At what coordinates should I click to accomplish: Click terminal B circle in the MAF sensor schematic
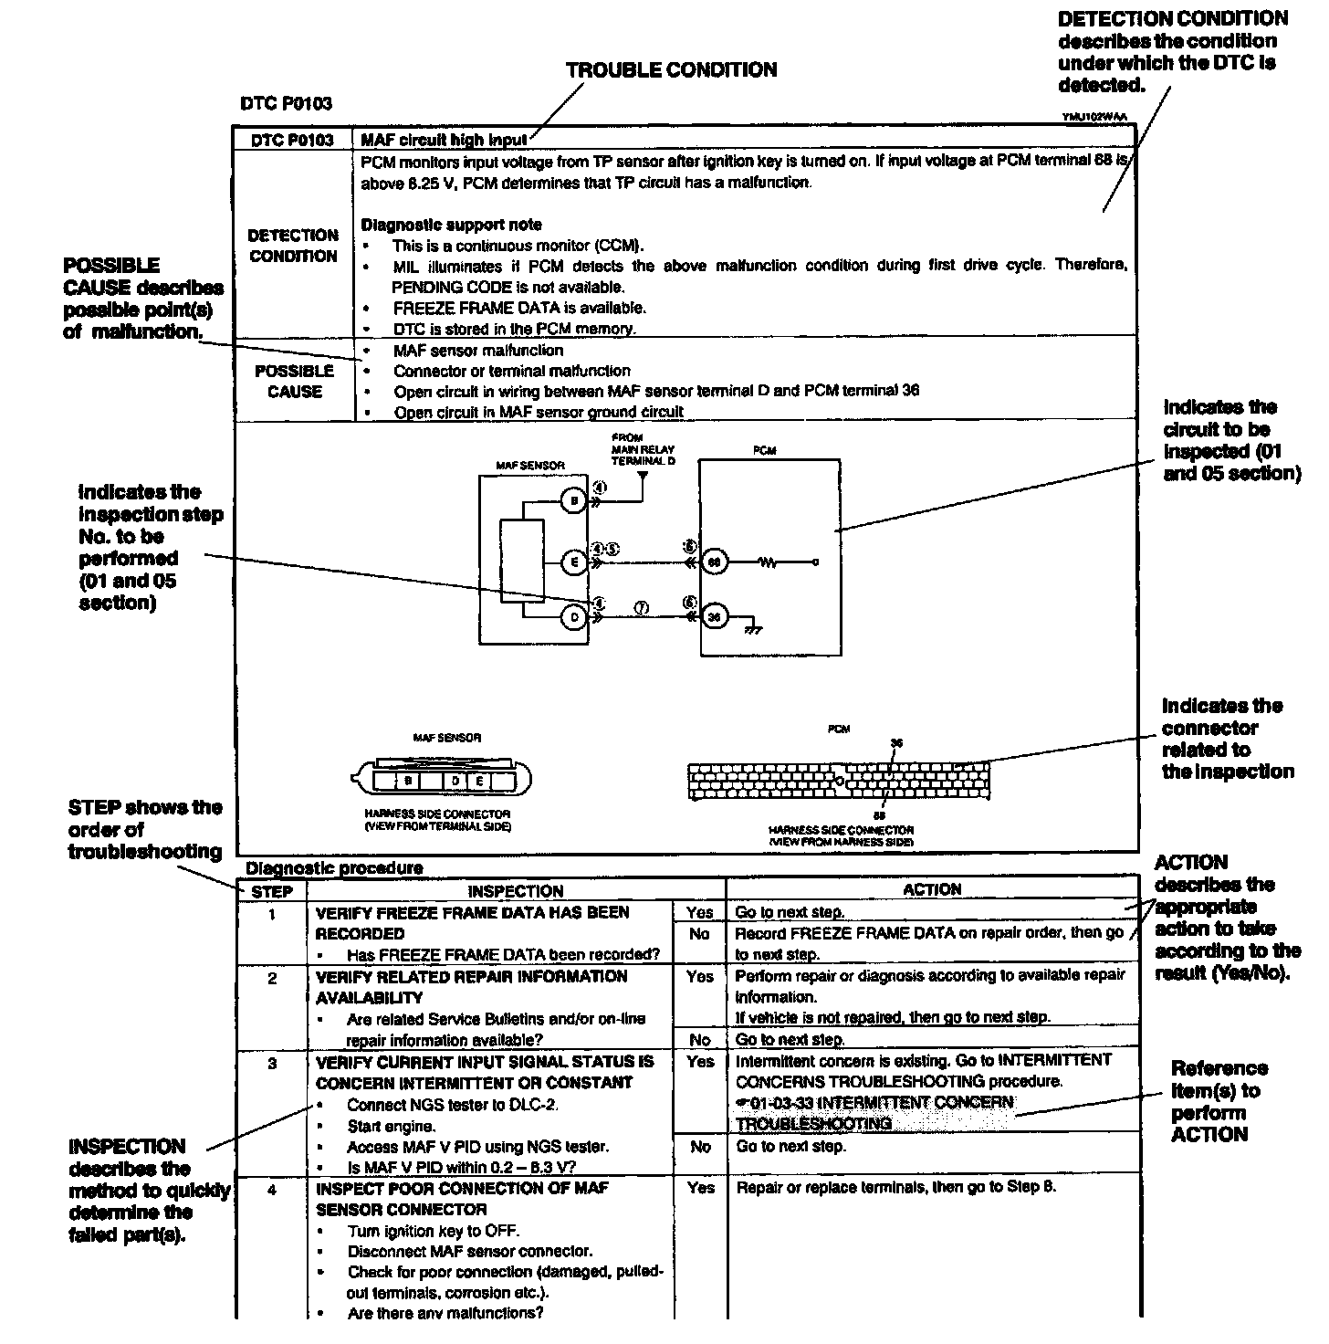(x=574, y=500)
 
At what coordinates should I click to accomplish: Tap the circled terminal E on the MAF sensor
(x=574, y=562)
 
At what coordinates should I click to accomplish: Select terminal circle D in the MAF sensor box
(x=574, y=618)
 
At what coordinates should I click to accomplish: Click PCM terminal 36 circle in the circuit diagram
(x=715, y=618)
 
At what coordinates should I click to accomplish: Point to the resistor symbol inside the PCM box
(x=768, y=562)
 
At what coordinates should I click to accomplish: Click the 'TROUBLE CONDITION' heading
(x=671, y=70)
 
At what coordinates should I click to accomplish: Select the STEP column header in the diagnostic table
(x=271, y=891)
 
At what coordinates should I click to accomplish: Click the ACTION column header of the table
(x=932, y=889)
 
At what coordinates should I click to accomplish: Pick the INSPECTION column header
(x=516, y=891)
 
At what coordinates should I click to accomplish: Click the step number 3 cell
(x=272, y=1063)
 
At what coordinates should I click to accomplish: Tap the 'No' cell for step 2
(x=700, y=1039)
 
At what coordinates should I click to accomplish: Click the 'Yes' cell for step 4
(x=700, y=1188)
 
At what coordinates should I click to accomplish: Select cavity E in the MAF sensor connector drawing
(x=479, y=782)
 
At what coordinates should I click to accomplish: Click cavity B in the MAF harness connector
(x=408, y=782)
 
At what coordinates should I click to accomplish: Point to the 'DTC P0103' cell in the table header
(x=292, y=140)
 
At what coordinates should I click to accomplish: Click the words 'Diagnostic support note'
(x=451, y=225)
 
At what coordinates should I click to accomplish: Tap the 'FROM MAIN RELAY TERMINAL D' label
(x=643, y=449)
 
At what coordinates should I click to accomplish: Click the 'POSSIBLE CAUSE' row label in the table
(x=294, y=382)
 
